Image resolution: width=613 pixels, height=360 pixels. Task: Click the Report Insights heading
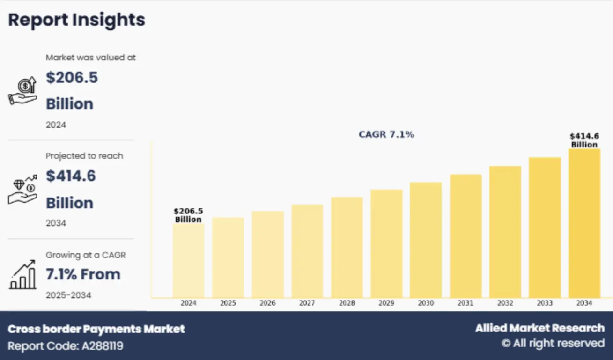pyautogui.click(x=77, y=20)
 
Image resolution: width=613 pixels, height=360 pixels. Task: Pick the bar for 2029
pyautogui.click(x=386, y=243)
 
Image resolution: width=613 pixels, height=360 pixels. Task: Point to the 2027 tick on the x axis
pyautogui.click(x=307, y=303)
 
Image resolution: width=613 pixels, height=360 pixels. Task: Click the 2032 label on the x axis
pyautogui.click(x=505, y=303)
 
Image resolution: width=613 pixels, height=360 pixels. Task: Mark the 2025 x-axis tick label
pyautogui.click(x=228, y=303)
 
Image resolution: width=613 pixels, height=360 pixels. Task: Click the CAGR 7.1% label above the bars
pyautogui.click(x=386, y=134)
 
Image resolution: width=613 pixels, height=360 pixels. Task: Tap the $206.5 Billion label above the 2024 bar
pyautogui.click(x=188, y=215)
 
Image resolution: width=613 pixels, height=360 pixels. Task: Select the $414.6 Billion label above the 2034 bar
pyautogui.click(x=584, y=140)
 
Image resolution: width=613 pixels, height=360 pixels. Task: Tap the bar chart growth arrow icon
pyautogui.click(x=22, y=275)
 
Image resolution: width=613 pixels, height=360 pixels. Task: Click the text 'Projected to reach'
pyautogui.click(x=84, y=156)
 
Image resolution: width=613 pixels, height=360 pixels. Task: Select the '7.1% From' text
pyautogui.click(x=83, y=274)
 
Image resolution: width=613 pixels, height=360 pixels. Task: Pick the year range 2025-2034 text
pyautogui.click(x=68, y=295)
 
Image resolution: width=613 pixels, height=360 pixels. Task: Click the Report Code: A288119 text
pyautogui.click(x=66, y=346)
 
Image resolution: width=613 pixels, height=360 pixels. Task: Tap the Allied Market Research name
pyautogui.click(x=539, y=328)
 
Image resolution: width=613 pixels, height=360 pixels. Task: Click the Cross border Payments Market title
pyautogui.click(x=96, y=329)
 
